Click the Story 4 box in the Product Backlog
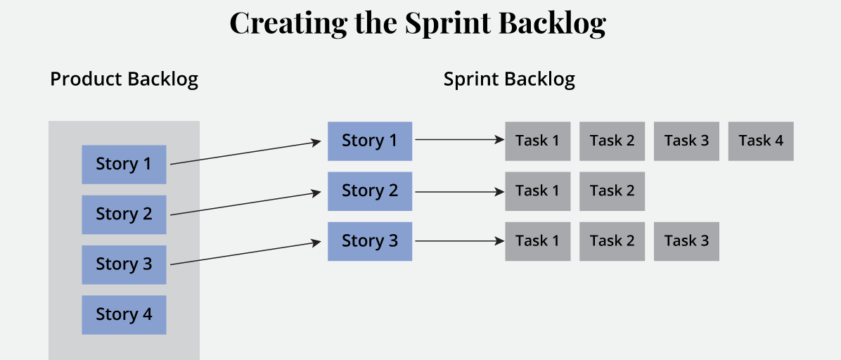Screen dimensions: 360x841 coord(124,314)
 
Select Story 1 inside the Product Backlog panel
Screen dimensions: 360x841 coord(124,164)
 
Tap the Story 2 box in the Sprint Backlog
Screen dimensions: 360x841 coord(370,191)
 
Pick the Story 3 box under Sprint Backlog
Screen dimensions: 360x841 coord(370,240)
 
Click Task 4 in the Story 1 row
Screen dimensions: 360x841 coord(761,141)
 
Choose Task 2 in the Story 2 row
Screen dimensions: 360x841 coord(612,191)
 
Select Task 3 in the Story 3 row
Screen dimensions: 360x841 coord(686,240)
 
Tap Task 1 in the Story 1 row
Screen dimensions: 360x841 coord(537,141)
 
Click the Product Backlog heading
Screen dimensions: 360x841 coord(124,79)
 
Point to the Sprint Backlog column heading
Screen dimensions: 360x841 coord(509,79)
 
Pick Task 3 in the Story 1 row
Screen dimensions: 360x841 coord(686,141)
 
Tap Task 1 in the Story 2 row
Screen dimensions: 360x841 coord(537,191)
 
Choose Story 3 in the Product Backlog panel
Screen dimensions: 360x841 coord(124,264)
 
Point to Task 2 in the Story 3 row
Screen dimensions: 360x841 coord(612,240)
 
